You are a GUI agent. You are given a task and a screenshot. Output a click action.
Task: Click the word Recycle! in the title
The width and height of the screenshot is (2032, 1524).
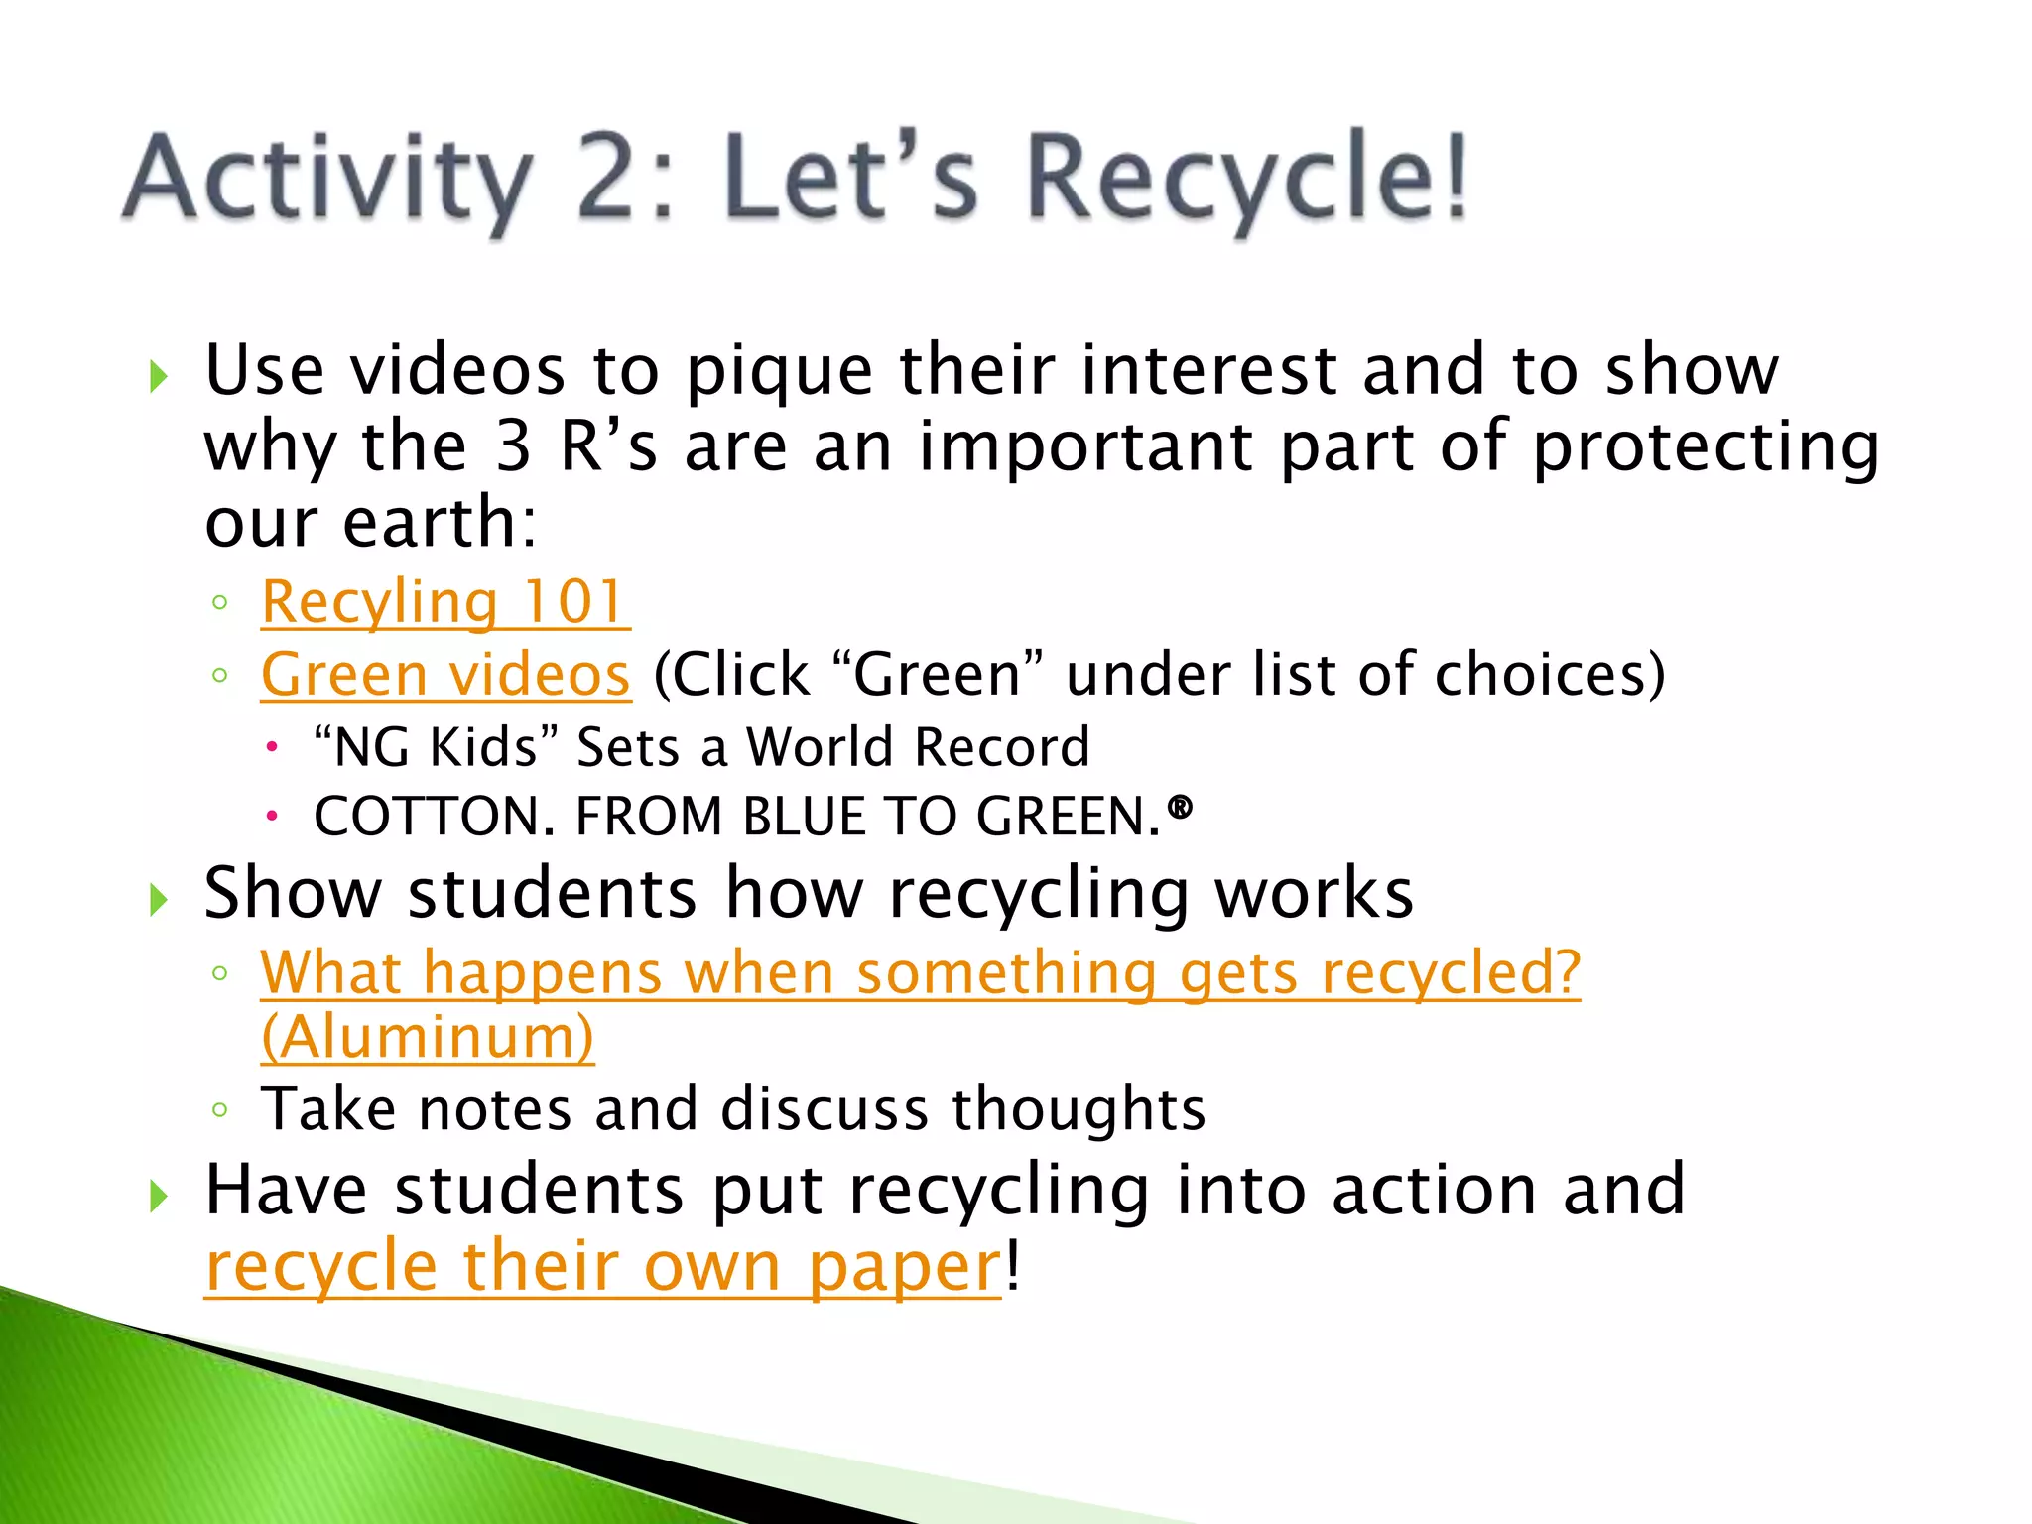point(1245,179)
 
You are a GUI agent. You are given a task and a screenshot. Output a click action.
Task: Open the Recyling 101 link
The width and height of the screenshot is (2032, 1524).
point(444,602)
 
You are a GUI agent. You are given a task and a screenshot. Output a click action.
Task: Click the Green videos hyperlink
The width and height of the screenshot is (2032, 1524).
point(445,675)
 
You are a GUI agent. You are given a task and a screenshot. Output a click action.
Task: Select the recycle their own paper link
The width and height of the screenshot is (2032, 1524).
point(603,1267)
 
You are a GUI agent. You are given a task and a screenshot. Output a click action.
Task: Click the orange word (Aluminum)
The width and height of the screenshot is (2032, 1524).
point(428,1037)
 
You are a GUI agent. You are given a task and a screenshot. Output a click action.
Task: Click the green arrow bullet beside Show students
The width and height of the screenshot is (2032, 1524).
point(158,900)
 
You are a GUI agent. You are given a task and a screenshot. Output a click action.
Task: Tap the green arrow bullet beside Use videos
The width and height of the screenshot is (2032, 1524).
point(158,376)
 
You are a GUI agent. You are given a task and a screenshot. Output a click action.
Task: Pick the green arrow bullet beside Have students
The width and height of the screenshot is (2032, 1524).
point(158,1197)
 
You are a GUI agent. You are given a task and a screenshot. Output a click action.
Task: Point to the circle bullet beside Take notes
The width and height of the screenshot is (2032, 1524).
point(220,1110)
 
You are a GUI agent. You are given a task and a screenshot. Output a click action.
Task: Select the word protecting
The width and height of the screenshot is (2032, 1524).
point(1706,447)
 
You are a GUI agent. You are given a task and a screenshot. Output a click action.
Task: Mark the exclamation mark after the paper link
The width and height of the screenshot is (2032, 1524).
point(1012,1267)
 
